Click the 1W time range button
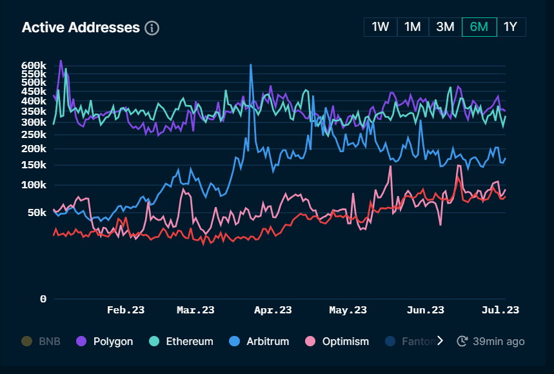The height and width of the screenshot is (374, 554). [x=381, y=27]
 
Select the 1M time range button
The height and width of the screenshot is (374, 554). [x=413, y=27]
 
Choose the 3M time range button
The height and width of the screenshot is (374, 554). [x=445, y=27]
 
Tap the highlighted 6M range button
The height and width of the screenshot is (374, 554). [x=479, y=27]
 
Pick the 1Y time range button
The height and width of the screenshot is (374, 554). [x=511, y=27]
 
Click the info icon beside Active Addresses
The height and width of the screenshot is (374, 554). [x=152, y=28]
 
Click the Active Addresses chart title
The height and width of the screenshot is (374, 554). [x=81, y=28]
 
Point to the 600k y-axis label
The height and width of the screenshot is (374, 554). [x=34, y=66]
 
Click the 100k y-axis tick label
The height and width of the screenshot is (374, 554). [x=34, y=185]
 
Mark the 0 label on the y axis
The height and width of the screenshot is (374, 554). [x=43, y=299]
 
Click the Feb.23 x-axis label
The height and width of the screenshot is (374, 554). [x=125, y=310]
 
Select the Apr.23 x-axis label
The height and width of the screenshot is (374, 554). [x=273, y=310]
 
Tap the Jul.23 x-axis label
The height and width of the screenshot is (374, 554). [x=500, y=310]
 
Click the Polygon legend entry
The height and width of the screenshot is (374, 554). [x=105, y=341]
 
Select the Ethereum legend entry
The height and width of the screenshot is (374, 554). [x=181, y=341]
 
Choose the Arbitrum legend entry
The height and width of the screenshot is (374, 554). [x=259, y=341]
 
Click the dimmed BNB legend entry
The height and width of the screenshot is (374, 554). [x=41, y=341]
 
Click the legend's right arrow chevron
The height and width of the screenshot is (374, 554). [x=440, y=341]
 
